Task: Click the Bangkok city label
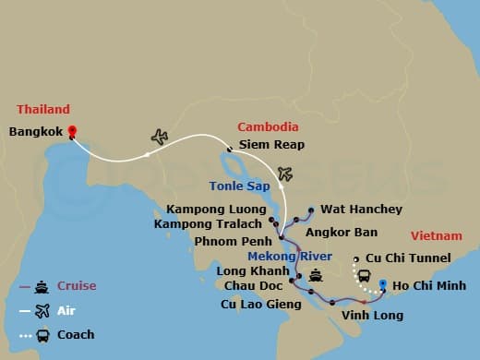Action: coord(35,132)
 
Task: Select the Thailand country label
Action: coord(38,109)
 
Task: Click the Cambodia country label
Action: coord(268,126)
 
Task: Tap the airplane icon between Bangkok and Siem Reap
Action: coord(160,137)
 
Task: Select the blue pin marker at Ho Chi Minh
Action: coord(382,273)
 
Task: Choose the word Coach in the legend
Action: coord(76,335)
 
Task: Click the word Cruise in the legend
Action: coord(78,286)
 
